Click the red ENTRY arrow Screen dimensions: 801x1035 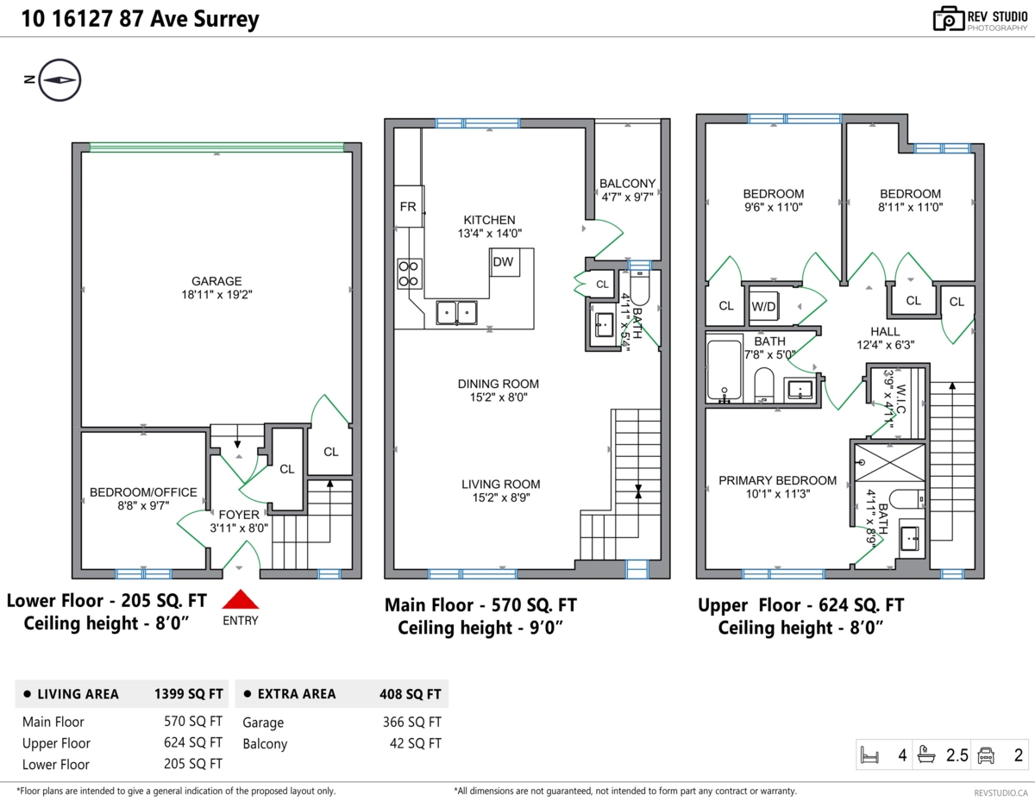click(241, 600)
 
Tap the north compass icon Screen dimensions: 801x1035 click(60, 78)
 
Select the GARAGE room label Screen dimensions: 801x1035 click(216, 281)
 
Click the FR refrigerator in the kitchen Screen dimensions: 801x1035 click(408, 207)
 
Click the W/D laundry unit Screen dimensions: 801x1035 click(762, 305)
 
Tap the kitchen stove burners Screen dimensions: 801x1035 click(409, 273)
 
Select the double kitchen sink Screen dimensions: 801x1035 click(457, 311)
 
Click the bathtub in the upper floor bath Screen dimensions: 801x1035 click(724, 372)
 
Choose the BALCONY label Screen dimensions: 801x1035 click(628, 183)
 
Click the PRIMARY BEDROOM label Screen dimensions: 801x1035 click(777, 480)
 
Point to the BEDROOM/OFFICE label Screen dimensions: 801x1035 click(143, 492)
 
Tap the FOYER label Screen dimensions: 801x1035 click(239, 515)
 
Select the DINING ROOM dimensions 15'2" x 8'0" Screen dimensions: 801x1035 click(498, 397)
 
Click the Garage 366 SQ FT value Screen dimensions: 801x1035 click(411, 723)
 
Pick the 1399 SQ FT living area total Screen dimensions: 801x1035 click(188, 693)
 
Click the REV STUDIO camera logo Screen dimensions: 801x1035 click(949, 19)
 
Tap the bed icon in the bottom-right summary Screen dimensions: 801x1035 click(870, 756)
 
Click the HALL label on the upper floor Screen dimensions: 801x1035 click(885, 331)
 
